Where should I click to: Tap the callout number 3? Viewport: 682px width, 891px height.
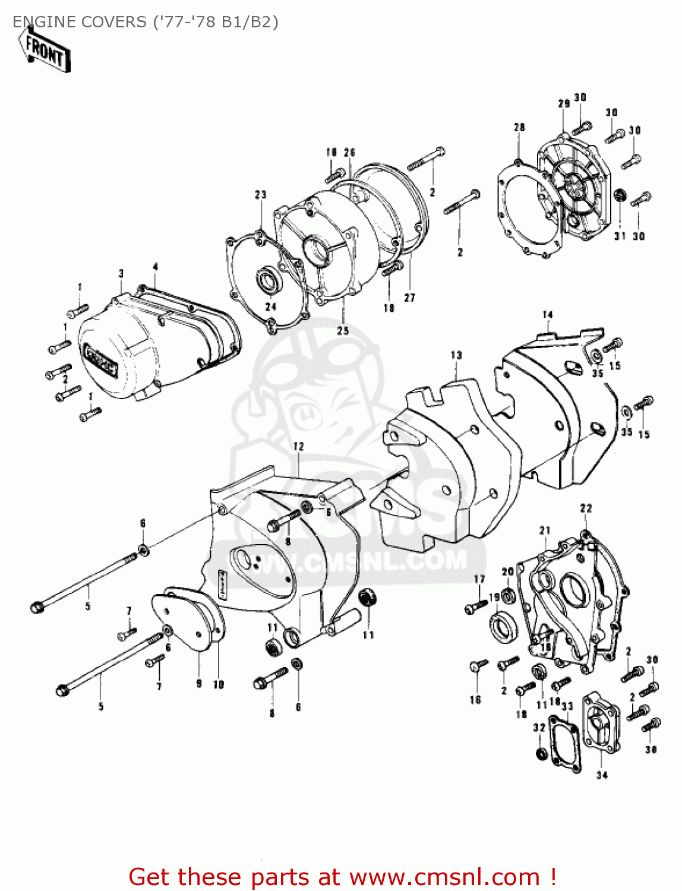tap(121, 274)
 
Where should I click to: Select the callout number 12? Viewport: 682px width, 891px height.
tap(298, 446)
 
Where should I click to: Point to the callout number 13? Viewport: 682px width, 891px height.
tap(456, 355)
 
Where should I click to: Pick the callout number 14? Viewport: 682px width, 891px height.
tap(547, 315)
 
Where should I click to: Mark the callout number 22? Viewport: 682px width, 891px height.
tap(586, 508)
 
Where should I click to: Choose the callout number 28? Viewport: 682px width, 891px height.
tap(519, 127)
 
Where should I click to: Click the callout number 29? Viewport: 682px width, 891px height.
tap(564, 103)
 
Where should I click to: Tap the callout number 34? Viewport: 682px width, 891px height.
tap(602, 775)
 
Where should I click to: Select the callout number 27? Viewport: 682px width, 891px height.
tap(409, 298)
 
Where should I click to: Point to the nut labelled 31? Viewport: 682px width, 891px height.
tap(619, 194)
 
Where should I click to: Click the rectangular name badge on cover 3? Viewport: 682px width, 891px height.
tap(100, 361)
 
